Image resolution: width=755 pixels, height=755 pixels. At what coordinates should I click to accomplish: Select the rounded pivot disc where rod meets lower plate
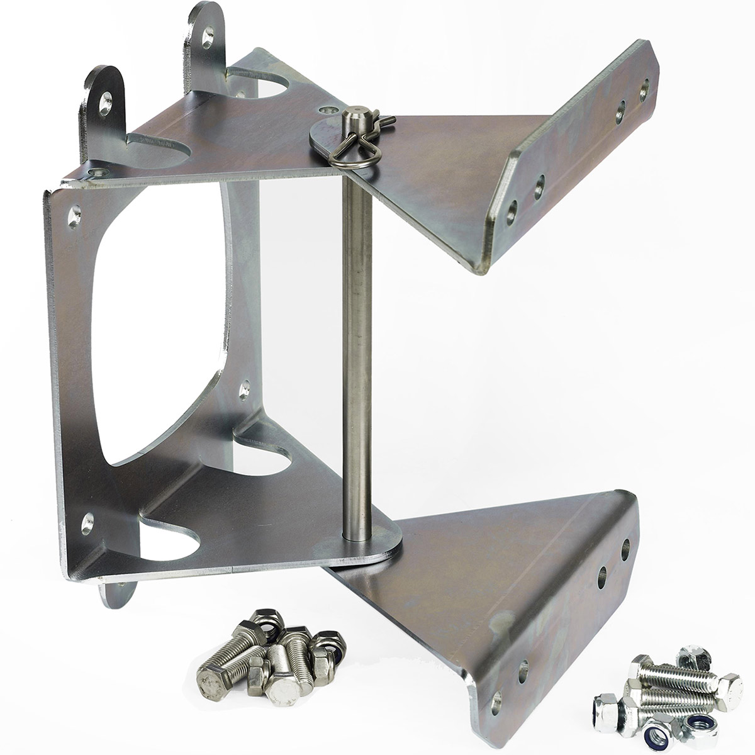point(371,541)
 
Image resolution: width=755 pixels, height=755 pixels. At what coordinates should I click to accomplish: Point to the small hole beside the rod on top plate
point(325,111)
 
